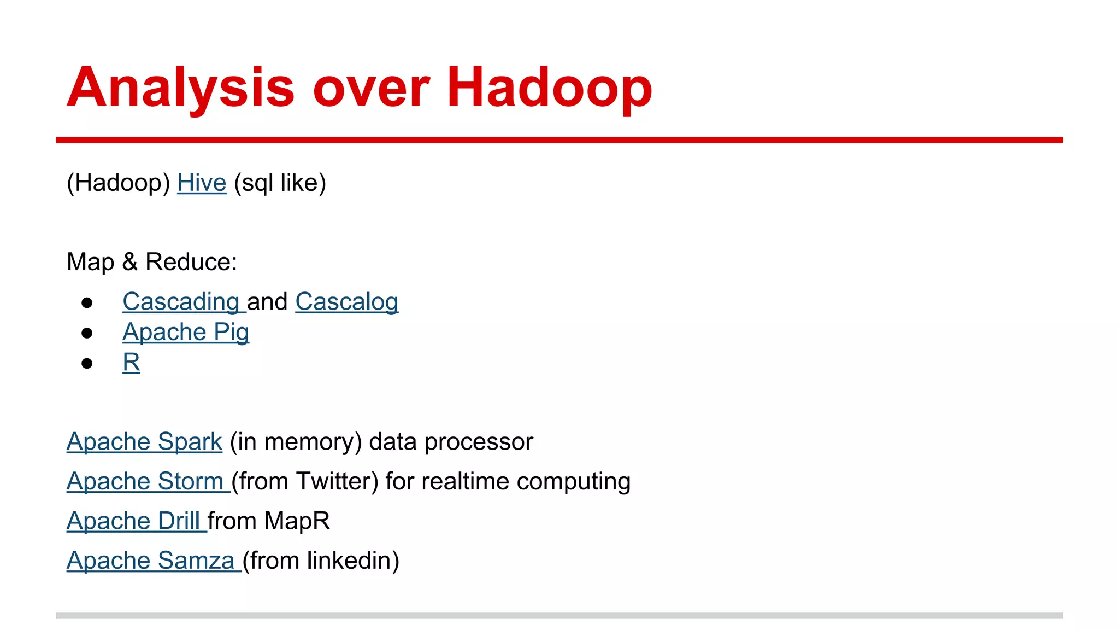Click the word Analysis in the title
point(180,87)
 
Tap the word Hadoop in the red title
point(549,87)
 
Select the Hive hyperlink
point(202,183)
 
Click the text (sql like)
point(280,183)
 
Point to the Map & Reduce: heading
point(152,262)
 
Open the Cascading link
point(181,302)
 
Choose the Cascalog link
point(346,302)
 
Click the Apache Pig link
point(186,332)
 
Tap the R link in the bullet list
point(131,363)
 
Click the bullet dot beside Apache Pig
point(87,333)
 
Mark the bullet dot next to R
point(87,363)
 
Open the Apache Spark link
point(144,442)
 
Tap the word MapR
point(297,521)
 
